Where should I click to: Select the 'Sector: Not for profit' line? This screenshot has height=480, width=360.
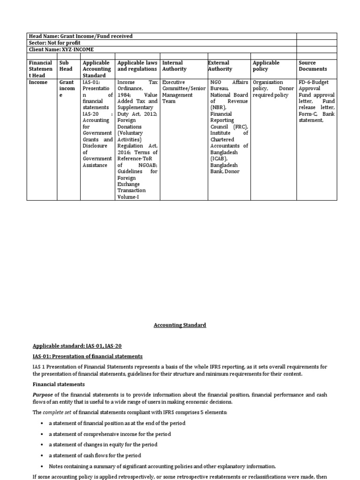coord(54,43)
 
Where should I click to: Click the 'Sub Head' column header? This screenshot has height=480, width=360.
coord(66,66)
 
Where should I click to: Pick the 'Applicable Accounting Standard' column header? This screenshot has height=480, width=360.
coord(97,69)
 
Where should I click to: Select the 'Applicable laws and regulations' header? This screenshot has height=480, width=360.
coord(137,66)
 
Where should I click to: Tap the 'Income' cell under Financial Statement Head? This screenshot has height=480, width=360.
coord(38,82)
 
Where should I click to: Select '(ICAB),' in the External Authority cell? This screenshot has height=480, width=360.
coord(219,159)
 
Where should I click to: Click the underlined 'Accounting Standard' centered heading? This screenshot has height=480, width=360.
coord(180,325)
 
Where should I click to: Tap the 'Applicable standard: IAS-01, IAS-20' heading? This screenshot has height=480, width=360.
coord(77,346)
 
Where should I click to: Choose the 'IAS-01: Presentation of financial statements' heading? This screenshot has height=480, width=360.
coord(87,357)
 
